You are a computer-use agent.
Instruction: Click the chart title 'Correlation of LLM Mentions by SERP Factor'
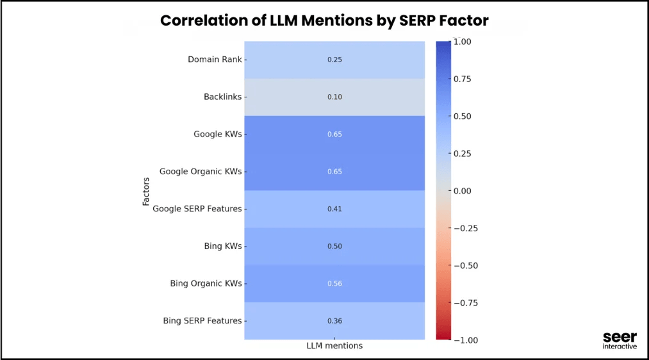324,20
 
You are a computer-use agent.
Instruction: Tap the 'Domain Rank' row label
215,60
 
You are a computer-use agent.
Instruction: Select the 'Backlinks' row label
223,97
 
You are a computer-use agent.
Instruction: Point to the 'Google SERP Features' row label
197,209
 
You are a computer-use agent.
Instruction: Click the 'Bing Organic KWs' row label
206,283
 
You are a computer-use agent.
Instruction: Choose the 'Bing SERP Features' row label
202,320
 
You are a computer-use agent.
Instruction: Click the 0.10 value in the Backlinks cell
334,97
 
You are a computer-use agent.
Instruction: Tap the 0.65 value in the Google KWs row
334,135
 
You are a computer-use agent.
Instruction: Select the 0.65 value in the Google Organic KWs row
334,172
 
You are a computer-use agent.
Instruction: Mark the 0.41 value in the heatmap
334,209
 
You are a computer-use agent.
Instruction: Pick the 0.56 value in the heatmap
334,283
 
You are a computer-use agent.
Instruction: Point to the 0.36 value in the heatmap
334,320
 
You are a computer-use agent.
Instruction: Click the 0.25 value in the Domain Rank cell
334,60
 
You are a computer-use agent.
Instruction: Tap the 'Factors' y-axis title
146,191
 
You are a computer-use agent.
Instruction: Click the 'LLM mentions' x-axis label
334,346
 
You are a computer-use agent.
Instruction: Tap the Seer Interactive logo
620,341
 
